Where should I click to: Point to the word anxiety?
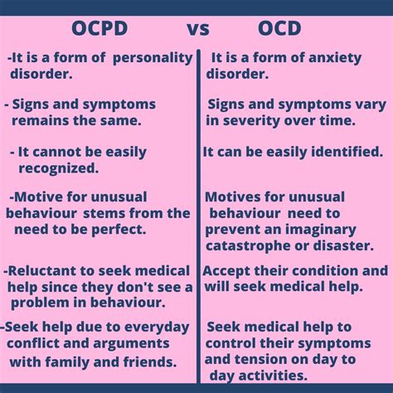pyautogui.click(x=327, y=58)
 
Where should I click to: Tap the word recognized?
pyautogui.click(x=58, y=167)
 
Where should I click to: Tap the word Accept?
pyautogui.click(x=227, y=271)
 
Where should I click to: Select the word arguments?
pyautogui.click(x=133, y=342)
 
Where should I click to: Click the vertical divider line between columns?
pyautogui.click(x=198, y=216)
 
